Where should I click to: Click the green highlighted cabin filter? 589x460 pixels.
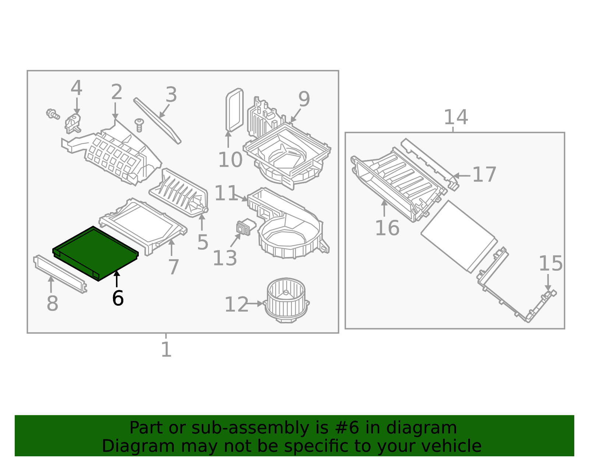pos(95,253)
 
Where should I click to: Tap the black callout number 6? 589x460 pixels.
pos(118,298)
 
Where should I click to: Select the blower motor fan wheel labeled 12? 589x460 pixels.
pos(286,300)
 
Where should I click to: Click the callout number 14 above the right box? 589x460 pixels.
pos(456,117)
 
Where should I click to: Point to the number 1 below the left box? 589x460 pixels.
pos(166,350)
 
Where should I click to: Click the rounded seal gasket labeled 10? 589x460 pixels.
pos(234,110)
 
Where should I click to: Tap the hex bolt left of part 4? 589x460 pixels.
pos(52,114)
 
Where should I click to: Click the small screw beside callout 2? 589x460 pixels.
pos(139,124)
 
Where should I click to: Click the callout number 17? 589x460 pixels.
pos(484,175)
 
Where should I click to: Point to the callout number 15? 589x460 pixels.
pos(550,264)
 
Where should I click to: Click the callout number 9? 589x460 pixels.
pos(304,99)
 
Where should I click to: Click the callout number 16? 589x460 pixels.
pos(387,228)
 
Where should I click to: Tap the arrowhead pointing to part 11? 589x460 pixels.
pos(246,199)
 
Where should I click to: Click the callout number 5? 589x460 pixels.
pos(202,242)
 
